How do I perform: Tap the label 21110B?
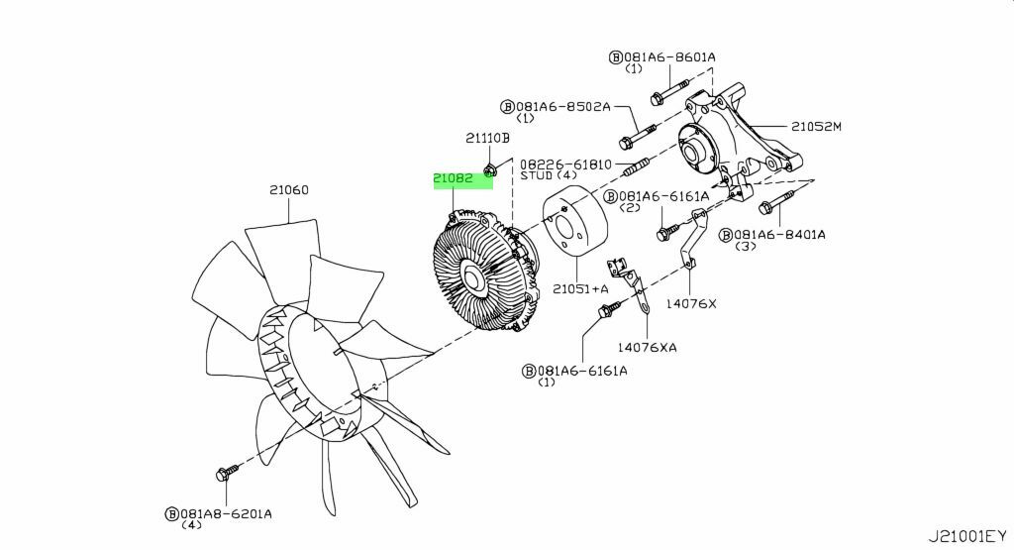click(x=487, y=139)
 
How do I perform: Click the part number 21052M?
click(x=816, y=127)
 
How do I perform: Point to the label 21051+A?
click(x=580, y=288)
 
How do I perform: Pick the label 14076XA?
click(x=648, y=347)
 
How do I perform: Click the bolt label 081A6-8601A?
click(x=669, y=57)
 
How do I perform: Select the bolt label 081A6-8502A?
click(x=562, y=105)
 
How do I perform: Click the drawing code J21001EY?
click(x=967, y=536)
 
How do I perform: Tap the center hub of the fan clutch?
click(x=472, y=279)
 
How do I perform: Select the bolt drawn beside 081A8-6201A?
click(x=227, y=474)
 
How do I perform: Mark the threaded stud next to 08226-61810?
click(x=638, y=164)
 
